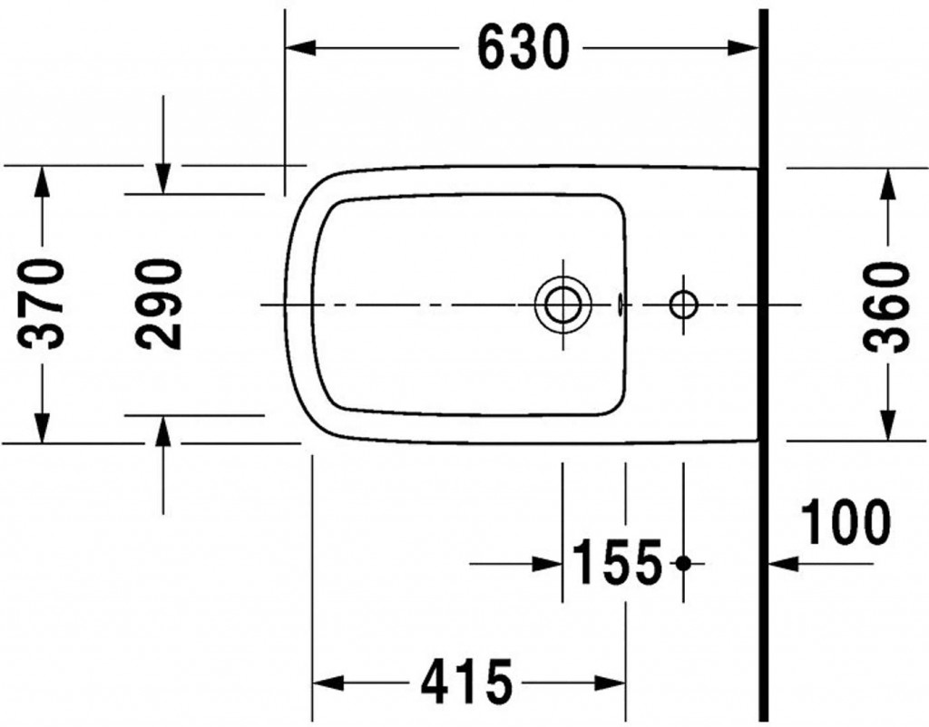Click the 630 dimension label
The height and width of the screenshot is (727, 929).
(x=523, y=48)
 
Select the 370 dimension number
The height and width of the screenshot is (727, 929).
(x=42, y=303)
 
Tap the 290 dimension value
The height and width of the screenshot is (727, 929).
(x=158, y=304)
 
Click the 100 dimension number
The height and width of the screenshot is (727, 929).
(x=846, y=521)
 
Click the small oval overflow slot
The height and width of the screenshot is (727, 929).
(x=620, y=305)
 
